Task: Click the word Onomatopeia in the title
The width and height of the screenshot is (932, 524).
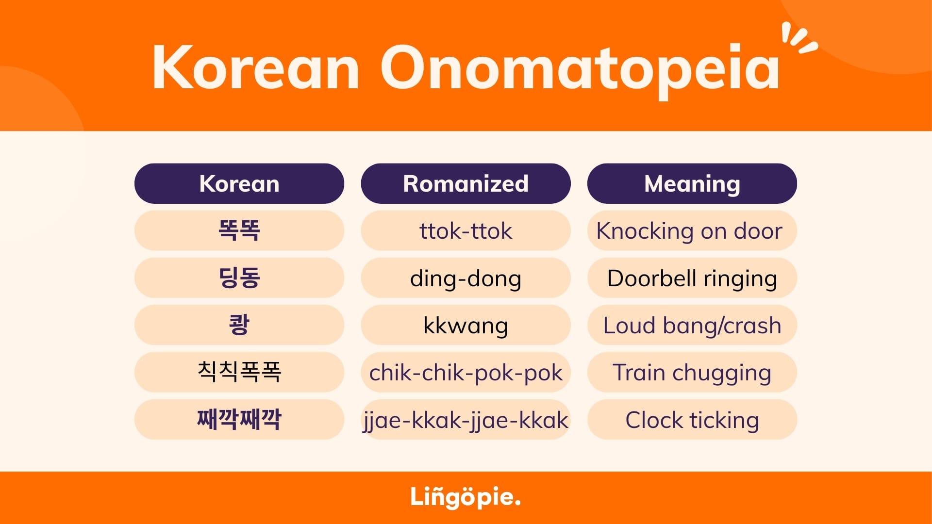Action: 580,71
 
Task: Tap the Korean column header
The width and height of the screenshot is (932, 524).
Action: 239,183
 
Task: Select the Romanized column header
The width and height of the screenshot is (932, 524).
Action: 466,183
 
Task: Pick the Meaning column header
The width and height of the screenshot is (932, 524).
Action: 692,183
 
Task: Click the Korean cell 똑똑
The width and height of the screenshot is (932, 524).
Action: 239,230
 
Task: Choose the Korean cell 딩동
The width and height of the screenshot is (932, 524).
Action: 239,278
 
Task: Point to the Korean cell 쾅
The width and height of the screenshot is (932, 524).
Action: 239,325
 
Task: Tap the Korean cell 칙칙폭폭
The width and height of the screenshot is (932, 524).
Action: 239,372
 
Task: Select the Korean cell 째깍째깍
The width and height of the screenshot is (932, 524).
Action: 239,419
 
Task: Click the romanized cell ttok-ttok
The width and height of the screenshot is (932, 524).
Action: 466,230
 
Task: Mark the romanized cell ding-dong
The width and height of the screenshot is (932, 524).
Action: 466,278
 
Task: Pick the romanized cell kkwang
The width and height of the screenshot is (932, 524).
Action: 466,325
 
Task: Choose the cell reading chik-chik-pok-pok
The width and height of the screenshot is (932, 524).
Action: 466,372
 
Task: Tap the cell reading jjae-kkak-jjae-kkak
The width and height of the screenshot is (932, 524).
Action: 466,419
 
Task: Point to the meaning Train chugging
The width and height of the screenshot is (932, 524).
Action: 692,372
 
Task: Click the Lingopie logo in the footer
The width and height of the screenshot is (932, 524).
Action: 466,497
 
